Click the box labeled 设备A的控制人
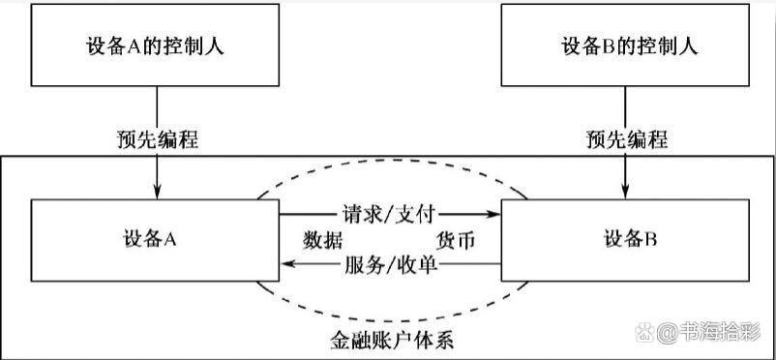coord(155,46)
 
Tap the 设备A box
coord(156,237)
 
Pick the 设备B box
coord(625,237)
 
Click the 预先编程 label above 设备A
coord(156,138)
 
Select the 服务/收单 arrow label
coord(391,262)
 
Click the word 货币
coord(456,238)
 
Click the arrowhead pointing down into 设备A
coord(156,193)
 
